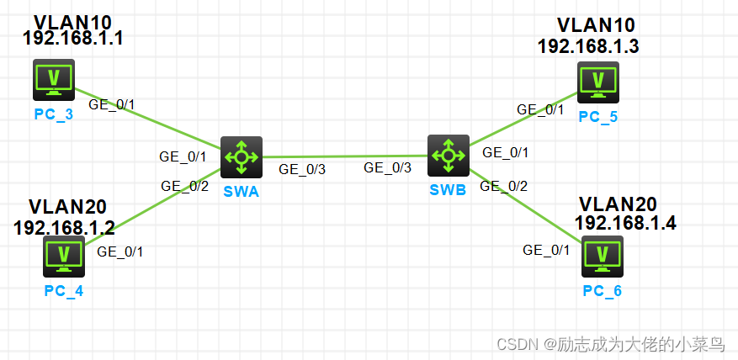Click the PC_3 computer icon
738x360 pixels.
(x=53, y=80)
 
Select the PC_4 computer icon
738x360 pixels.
(x=64, y=256)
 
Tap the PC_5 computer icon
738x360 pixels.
(x=598, y=82)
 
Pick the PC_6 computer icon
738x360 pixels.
(x=601, y=257)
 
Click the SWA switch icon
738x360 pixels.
(x=242, y=156)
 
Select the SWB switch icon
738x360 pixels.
(x=448, y=154)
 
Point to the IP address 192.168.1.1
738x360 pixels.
(x=72, y=38)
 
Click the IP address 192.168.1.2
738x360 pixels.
(x=64, y=226)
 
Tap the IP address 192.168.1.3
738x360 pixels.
(x=587, y=45)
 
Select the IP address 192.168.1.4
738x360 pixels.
(x=625, y=223)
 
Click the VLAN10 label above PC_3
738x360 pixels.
(x=72, y=21)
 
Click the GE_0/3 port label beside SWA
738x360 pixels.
(x=303, y=168)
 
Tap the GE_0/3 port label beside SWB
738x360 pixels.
(x=388, y=167)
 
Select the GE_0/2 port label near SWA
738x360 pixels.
(x=184, y=186)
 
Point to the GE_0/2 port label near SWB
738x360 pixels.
(x=503, y=186)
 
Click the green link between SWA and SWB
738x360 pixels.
(x=345, y=156)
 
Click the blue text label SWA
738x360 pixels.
(x=242, y=191)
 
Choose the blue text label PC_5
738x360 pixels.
(x=597, y=116)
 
